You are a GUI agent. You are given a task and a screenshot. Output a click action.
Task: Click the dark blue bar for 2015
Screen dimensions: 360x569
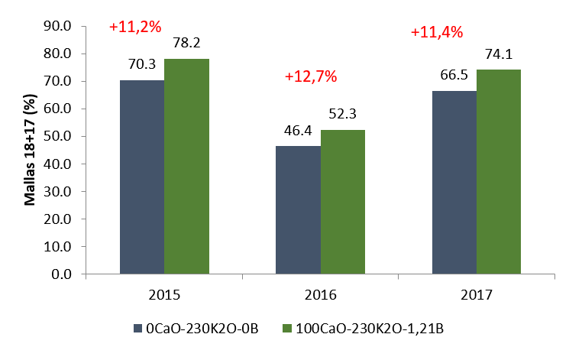142,177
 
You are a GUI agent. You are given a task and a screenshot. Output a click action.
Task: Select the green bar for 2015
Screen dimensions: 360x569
186,166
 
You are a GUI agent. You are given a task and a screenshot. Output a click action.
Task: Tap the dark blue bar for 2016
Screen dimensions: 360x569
298,209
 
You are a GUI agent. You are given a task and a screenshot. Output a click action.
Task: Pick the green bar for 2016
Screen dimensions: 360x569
343,202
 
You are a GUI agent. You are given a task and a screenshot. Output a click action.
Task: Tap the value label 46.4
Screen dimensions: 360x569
298,131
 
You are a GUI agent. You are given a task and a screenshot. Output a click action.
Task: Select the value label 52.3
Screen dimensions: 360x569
343,115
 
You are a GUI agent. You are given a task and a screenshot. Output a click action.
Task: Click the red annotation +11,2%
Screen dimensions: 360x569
135,27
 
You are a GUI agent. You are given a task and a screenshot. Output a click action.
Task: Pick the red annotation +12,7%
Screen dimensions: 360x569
310,76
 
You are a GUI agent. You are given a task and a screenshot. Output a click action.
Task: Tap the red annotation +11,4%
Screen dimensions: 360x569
437,32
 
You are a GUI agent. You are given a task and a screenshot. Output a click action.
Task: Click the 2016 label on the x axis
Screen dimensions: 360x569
321,295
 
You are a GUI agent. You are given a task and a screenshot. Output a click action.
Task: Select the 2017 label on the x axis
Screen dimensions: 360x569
477,295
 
